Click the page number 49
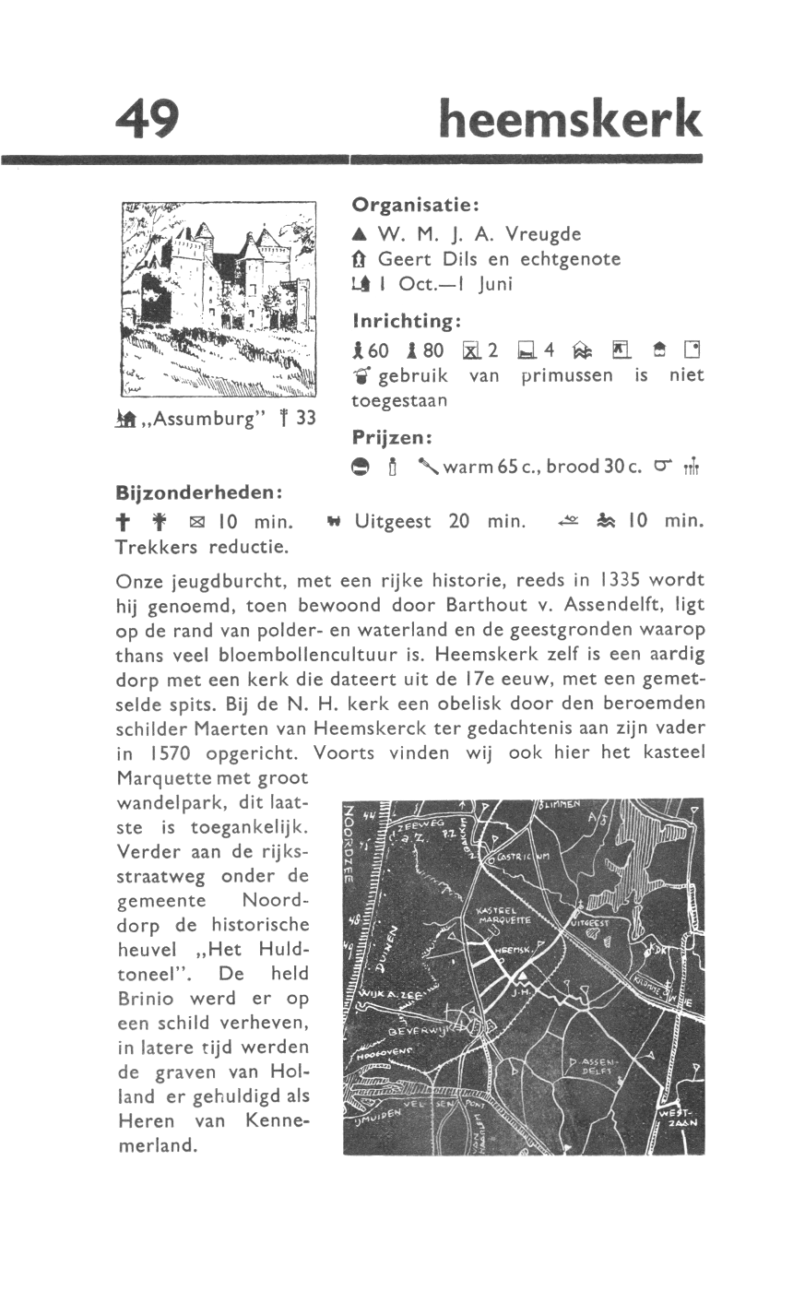148,120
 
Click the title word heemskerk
571,120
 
